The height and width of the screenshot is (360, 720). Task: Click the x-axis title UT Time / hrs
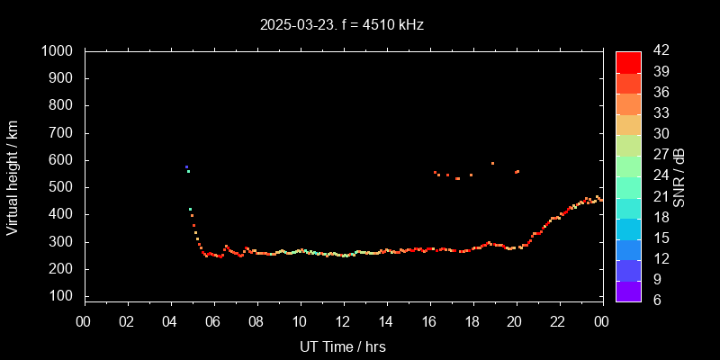click(x=343, y=346)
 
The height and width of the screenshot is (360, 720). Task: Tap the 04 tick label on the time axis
click(x=171, y=321)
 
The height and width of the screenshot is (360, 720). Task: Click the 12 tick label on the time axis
click(x=343, y=321)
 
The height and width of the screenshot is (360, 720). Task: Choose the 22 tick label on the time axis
click(x=559, y=321)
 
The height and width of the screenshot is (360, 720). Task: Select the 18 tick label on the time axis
click(x=472, y=321)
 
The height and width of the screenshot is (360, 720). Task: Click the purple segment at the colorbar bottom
click(x=628, y=291)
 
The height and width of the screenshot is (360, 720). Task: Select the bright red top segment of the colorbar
click(x=628, y=61)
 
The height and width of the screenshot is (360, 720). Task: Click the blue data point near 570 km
click(x=186, y=166)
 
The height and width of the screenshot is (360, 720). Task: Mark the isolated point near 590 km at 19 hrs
click(x=492, y=163)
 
